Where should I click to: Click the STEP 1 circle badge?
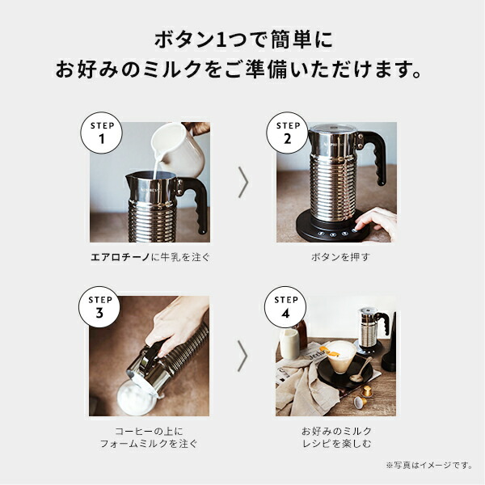(102, 133)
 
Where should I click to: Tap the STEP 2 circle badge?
(287, 133)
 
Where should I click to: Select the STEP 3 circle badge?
(99, 307)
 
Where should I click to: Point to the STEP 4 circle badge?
(285, 307)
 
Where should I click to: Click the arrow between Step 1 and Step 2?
(243, 182)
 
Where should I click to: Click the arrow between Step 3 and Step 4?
(242, 356)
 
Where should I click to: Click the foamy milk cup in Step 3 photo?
(136, 398)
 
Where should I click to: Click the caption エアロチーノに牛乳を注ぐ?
(150, 257)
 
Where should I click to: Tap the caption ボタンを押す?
(340, 257)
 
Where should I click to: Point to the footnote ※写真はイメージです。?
(428, 466)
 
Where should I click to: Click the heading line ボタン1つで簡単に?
(243, 40)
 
